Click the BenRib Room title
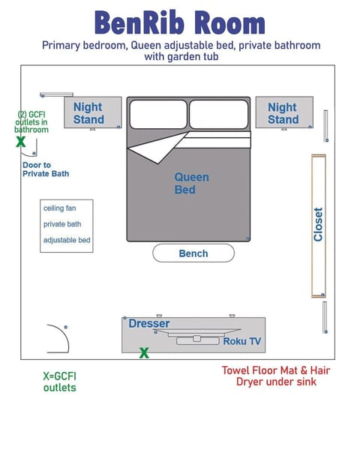[180, 22]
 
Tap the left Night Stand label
[88, 113]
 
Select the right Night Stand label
[283, 113]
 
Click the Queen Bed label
[191, 183]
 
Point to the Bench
[193, 253]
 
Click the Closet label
[319, 224]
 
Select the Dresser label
[148, 323]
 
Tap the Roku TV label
[241, 341]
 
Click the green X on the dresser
[144, 352]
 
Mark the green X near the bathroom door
[21, 141]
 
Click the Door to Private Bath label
[45, 169]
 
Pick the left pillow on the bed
[157, 114]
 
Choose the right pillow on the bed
[218, 114]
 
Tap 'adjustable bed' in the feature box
[67, 240]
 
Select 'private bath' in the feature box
[62, 224]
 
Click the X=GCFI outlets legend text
[59, 382]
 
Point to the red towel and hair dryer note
[276, 376]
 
